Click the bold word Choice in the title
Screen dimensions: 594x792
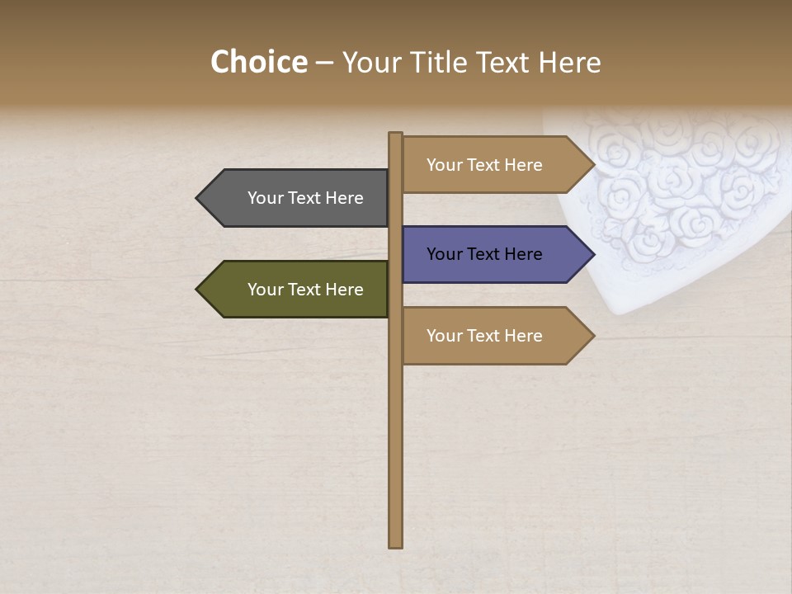point(258,63)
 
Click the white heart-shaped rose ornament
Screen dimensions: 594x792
point(676,198)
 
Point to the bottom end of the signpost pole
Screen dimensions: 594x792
point(396,544)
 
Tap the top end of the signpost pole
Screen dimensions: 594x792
point(396,134)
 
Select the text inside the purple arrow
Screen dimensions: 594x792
point(484,254)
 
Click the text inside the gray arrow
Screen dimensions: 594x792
point(305,198)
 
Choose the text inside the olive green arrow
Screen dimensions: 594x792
point(305,290)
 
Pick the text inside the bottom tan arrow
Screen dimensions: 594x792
point(484,336)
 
